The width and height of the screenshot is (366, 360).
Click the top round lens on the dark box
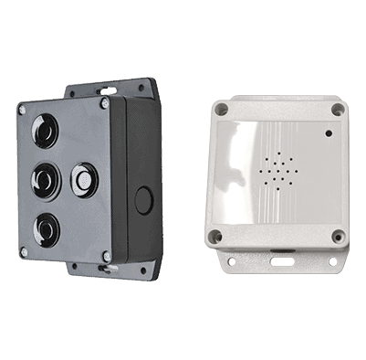click(x=44, y=130)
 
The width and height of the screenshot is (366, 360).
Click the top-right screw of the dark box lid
click(x=105, y=104)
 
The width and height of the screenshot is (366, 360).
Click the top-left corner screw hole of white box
click(x=220, y=108)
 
